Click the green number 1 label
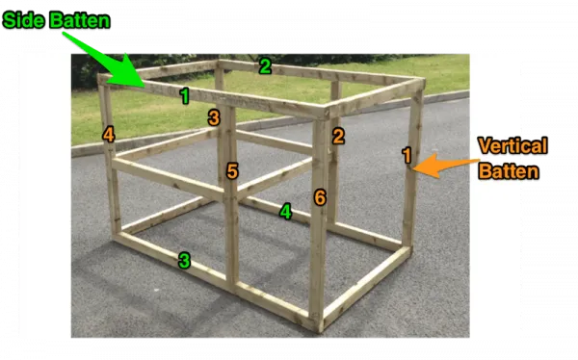tap(184, 95)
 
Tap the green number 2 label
tap(265, 66)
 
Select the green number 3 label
tap(184, 260)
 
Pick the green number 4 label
tap(285, 211)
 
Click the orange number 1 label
tap(407, 155)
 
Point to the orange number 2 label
tap(338, 137)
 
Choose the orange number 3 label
tap(214, 117)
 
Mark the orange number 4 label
tap(109, 135)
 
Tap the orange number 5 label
tap(232, 171)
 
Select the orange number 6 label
tap(320, 197)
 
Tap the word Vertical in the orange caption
tap(512, 146)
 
